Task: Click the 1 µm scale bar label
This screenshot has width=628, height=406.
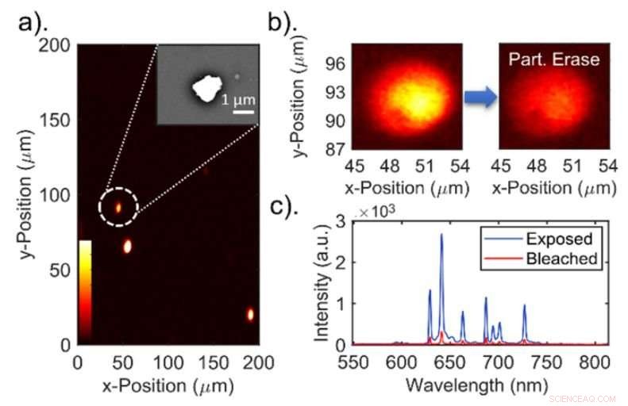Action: point(237,101)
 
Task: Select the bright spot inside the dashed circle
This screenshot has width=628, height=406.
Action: point(118,207)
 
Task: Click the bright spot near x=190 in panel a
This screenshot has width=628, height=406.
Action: point(251,315)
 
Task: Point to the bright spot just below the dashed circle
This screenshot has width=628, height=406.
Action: point(126,246)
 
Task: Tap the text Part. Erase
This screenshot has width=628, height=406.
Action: point(555,59)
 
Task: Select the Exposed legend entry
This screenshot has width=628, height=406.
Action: point(559,239)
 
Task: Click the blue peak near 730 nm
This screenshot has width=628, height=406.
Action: point(524,304)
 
